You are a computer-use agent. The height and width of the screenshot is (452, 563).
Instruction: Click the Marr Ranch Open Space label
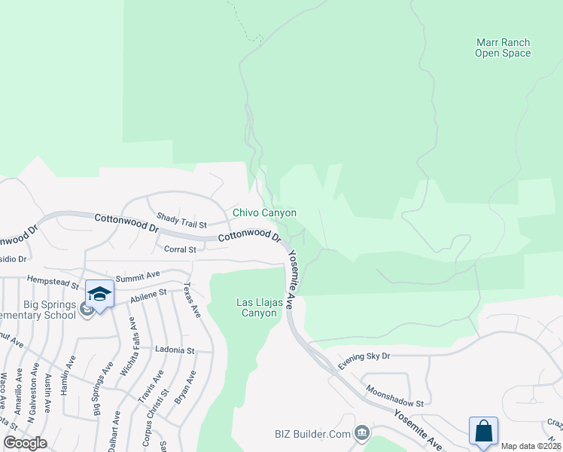[503, 48]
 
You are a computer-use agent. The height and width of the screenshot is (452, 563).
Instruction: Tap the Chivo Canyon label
[264, 213]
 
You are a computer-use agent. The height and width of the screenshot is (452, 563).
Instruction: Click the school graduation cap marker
[99, 293]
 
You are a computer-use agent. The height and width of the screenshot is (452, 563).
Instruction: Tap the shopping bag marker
[482, 431]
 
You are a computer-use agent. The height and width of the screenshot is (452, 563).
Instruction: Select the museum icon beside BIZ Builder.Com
[362, 432]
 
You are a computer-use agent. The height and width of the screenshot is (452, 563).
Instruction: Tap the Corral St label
[180, 249]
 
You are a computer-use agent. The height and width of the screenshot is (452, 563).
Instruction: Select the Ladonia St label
[175, 350]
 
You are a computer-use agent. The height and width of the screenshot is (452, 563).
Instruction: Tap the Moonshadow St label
[395, 397]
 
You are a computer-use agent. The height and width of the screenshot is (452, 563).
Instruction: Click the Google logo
[25, 443]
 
